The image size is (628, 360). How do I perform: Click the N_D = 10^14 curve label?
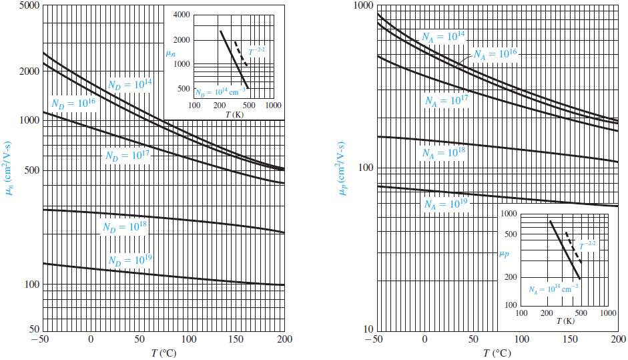coord(129,84)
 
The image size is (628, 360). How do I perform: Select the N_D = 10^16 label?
coord(73,104)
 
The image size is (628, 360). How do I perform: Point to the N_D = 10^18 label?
coord(124,227)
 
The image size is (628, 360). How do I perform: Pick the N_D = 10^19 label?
coord(130,260)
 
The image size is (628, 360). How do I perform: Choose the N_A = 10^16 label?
coord(495,53)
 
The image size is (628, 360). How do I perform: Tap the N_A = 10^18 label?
coord(443,152)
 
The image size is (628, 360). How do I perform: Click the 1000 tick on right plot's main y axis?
coord(361,6)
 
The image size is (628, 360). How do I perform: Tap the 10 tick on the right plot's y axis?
coord(367,331)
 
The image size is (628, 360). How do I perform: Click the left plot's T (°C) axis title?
coord(163,353)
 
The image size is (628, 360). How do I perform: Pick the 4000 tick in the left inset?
coord(180,15)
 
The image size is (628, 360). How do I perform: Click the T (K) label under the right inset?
coord(565,322)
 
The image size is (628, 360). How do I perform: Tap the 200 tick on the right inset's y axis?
coord(511,278)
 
